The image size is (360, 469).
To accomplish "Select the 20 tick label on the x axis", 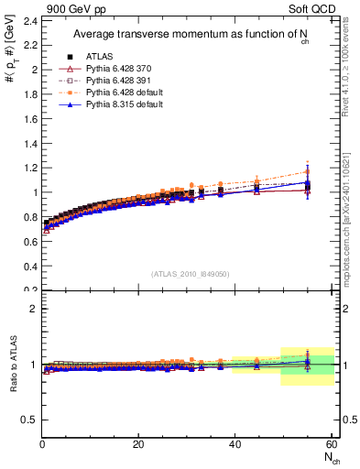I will [x=138, y=444].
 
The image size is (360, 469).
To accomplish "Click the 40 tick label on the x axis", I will [x=235, y=444].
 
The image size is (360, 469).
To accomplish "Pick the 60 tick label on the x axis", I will [x=331, y=444].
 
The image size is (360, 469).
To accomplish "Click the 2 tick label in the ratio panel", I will [x=34, y=309].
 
